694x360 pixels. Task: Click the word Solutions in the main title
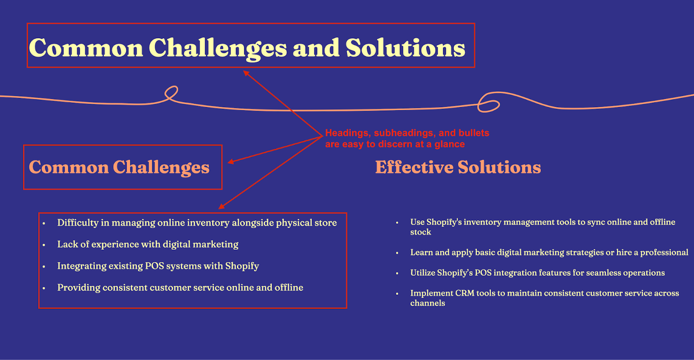[405, 48]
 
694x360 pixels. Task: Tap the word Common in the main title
[86, 48]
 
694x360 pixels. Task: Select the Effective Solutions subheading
[458, 167]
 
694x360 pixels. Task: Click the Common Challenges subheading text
[119, 168]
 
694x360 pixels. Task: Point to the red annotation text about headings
[407, 138]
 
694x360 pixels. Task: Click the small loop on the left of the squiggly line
[171, 93]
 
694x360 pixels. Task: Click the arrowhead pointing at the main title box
[246, 73]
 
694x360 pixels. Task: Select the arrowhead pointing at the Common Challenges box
[231, 161]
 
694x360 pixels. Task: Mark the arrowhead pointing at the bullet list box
[221, 206]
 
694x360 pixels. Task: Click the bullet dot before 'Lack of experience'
[44, 245]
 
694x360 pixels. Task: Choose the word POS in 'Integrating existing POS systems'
[154, 266]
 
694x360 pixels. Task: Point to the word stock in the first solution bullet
[420, 232]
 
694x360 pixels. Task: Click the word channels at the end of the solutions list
[428, 303]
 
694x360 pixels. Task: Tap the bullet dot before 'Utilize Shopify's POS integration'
[397, 274]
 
